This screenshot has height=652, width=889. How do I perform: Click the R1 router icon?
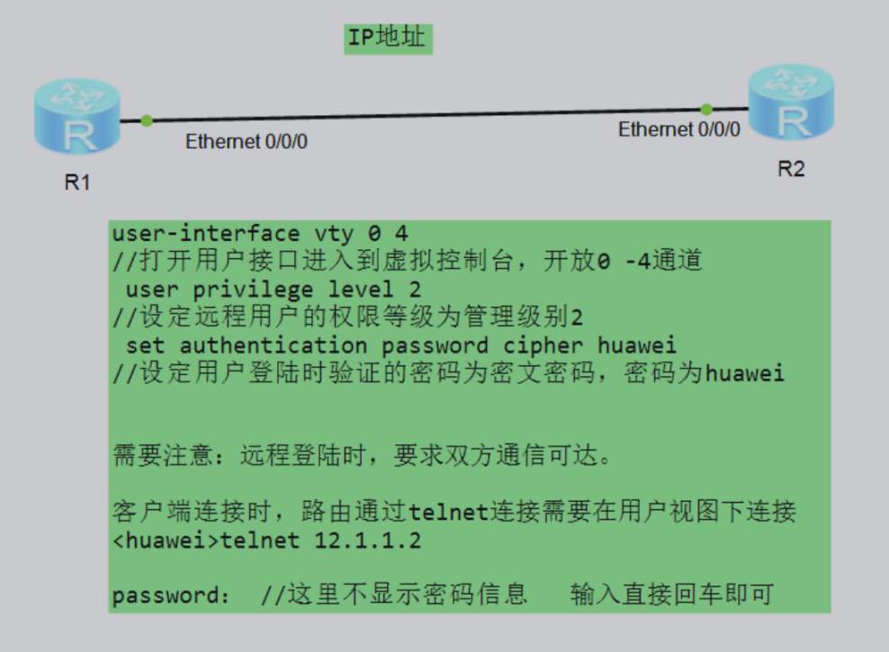(77, 116)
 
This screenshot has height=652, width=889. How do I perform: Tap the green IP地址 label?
(389, 39)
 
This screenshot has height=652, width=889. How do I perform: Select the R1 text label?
(77, 183)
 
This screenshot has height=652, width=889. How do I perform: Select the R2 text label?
(791, 169)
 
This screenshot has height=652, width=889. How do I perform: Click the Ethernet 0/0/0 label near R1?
(247, 141)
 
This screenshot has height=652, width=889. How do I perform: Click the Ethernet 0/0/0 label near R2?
(679, 130)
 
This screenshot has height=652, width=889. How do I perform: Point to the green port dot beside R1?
(147, 121)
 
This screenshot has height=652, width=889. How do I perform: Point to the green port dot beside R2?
(706, 109)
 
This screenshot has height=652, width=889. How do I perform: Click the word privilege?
(253, 290)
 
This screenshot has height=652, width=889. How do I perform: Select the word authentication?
(273, 345)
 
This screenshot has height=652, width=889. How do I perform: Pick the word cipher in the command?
(543, 345)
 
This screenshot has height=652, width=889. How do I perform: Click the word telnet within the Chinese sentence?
(448, 514)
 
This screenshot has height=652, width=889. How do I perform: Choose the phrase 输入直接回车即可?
(671, 595)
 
